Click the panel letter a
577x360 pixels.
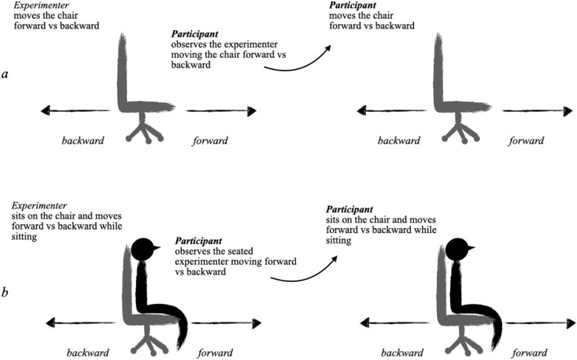coord(7,74)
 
